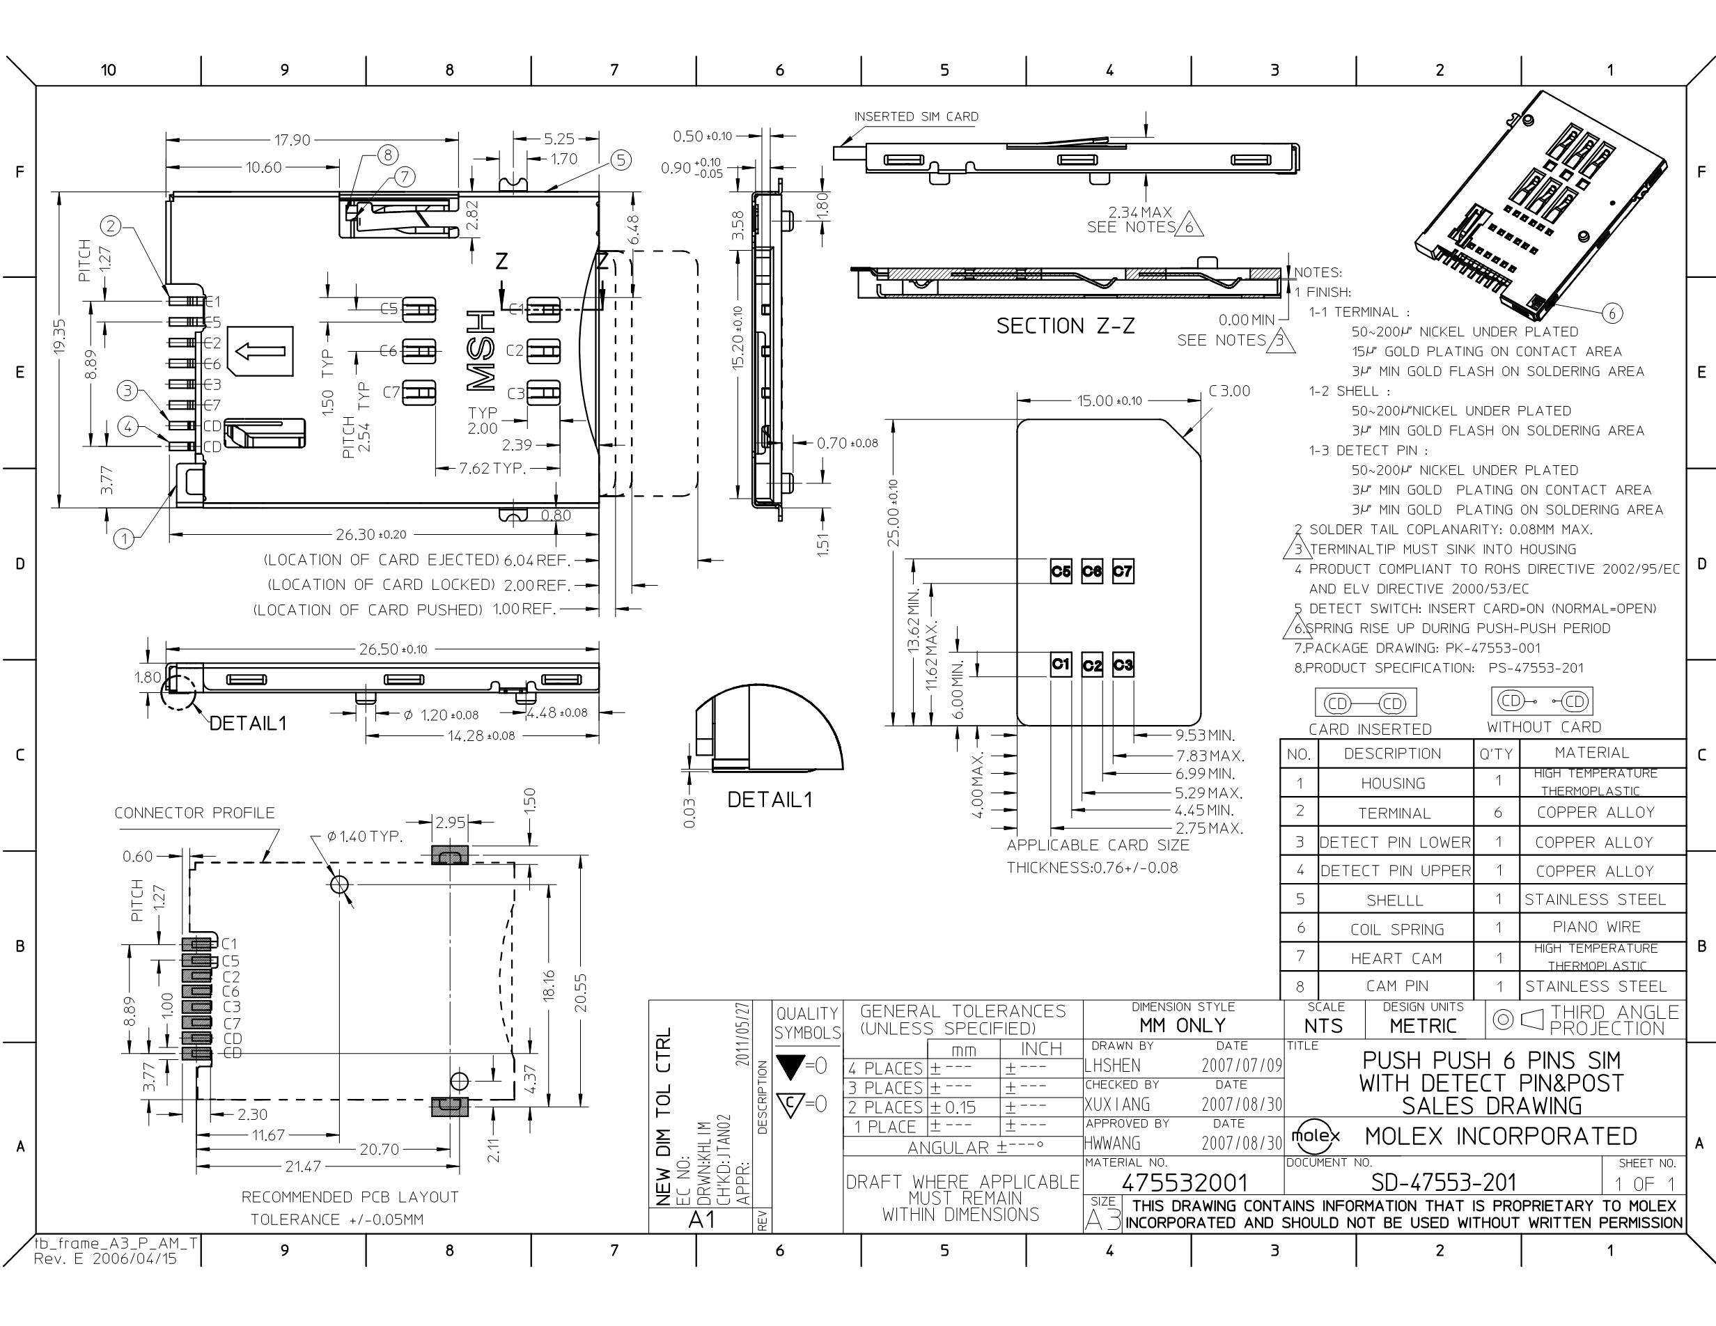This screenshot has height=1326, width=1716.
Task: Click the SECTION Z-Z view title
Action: pos(1066,325)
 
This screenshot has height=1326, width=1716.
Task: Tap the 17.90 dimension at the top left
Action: pos(292,140)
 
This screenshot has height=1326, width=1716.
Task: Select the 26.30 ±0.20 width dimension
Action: pos(371,535)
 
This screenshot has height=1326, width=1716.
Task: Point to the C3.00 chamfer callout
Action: pos(1230,391)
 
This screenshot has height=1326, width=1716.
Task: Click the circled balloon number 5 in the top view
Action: pos(621,160)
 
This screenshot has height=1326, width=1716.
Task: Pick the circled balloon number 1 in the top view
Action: pos(124,538)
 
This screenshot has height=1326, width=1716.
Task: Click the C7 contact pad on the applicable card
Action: pos(1123,571)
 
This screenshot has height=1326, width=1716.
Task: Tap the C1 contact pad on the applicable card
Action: pos(1061,664)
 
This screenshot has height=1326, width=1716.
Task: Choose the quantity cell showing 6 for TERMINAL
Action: pos(1497,812)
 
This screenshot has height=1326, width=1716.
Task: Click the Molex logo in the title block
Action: pos(1317,1136)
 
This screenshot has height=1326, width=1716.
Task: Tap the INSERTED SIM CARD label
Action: pos(916,116)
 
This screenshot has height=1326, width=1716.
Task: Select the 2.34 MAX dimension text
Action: pos(1140,212)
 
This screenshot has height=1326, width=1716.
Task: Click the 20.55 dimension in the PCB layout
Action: pos(581,994)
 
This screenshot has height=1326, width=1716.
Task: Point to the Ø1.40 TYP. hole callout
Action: pos(364,836)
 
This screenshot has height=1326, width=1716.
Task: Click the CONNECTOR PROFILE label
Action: pos(195,813)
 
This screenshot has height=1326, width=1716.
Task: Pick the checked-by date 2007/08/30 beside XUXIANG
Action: pos(1242,1105)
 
